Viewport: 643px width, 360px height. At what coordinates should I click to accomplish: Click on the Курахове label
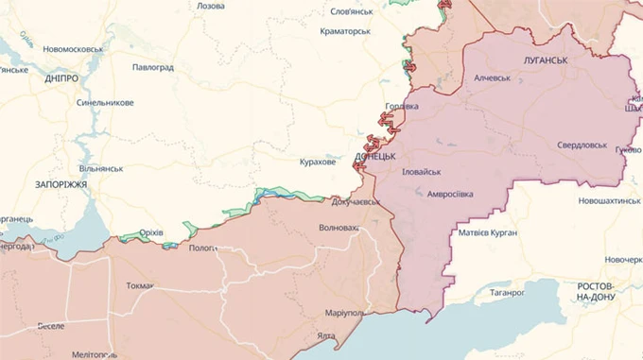[317, 163]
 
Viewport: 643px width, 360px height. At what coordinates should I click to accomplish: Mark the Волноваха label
[339, 228]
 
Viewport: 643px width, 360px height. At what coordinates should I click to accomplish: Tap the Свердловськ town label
[581, 146]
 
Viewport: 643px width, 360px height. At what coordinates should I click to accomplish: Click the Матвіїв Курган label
[487, 232]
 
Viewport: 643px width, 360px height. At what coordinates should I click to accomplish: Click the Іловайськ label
[422, 172]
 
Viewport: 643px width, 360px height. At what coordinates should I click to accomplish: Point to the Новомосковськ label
[66, 48]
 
